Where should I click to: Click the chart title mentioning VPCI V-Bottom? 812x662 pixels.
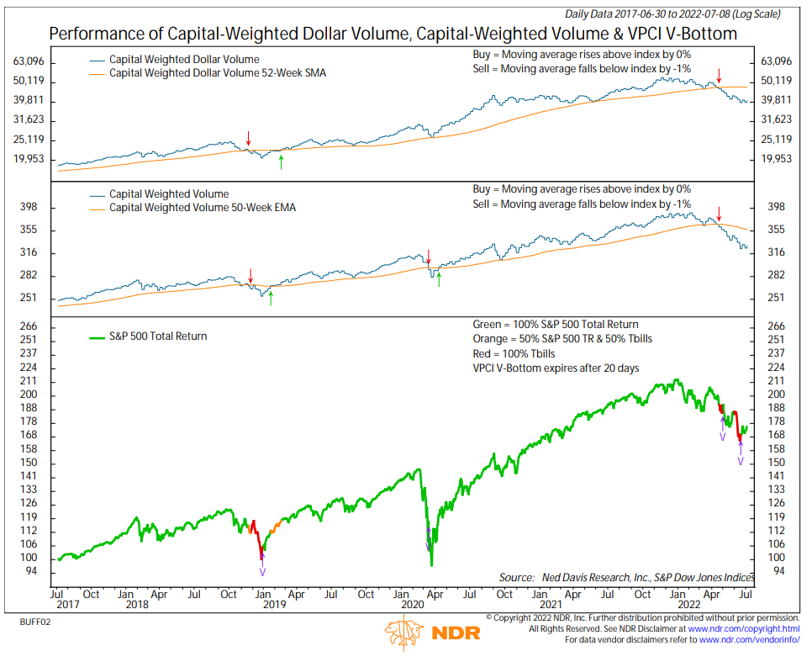coord(393,34)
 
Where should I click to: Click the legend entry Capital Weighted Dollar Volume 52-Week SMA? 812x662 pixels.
coord(218,73)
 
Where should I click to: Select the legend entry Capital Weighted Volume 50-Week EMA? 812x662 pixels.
coord(203,208)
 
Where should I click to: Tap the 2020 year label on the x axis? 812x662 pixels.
coord(412,605)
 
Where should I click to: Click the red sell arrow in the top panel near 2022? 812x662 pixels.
coord(719,76)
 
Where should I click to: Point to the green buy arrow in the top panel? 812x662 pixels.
coord(282,161)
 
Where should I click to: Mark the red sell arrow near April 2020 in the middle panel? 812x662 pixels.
coord(428,255)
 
